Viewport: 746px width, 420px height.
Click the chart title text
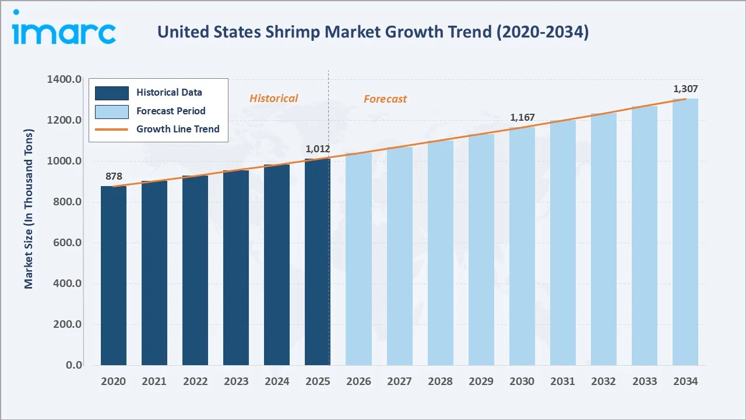coord(373,32)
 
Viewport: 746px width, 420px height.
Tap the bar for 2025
coord(317,262)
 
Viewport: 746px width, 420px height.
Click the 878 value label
coord(114,177)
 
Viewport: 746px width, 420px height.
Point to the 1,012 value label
coord(318,149)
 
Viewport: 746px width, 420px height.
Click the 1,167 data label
coord(522,118)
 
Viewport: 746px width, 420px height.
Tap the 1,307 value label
coord(685,89)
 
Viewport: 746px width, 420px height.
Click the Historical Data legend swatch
coord(111,93)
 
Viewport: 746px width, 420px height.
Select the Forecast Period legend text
coord(171,111)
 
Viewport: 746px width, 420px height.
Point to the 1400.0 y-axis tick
coord(64,79)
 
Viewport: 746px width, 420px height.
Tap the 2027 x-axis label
coord(399,381)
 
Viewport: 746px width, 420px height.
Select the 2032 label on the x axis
coord(603,381)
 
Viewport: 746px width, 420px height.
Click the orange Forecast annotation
coord(385,99)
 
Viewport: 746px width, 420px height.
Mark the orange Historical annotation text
coord(273,99)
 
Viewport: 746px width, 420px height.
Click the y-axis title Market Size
coord(29,208)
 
